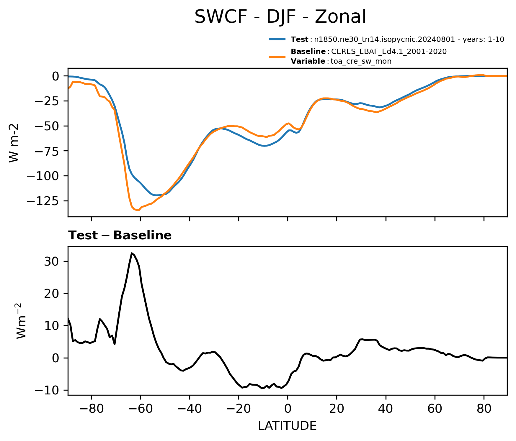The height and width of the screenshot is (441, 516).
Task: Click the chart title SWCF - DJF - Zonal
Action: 280,17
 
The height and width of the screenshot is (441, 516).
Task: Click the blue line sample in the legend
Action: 277,39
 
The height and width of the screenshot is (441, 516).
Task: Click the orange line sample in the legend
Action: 277,57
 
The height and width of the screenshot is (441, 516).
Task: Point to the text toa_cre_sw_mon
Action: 361,61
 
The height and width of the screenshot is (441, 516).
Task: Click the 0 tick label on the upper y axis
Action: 56,76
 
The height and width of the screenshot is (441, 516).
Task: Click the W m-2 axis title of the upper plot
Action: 14,143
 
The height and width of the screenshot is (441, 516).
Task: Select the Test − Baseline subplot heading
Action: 120,236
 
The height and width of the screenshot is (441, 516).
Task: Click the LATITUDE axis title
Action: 287,426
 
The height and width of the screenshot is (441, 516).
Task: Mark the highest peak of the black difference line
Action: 132,253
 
